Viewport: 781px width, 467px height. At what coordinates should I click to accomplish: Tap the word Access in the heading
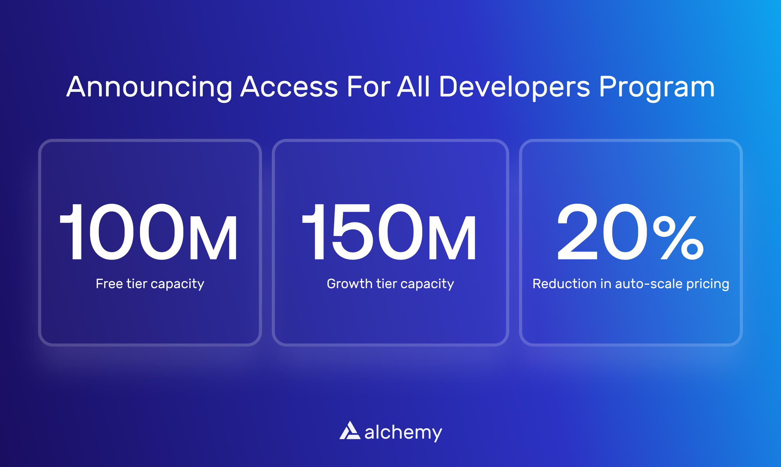coord(289,87)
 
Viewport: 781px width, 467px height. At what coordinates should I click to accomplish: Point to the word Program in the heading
coord(657,88)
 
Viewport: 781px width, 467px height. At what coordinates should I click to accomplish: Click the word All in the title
coord(413,87)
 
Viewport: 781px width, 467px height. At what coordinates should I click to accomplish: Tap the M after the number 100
coord(213,238)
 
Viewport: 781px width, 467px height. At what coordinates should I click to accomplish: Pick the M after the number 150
coord(452,238)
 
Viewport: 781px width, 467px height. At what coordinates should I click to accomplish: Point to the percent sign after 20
coord(678,238)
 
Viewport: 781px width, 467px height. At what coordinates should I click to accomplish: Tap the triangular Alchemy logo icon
coord(350,430)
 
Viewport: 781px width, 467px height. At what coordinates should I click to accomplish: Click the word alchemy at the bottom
coord(403,432)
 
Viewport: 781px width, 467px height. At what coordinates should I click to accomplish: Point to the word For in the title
coord(368,87)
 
